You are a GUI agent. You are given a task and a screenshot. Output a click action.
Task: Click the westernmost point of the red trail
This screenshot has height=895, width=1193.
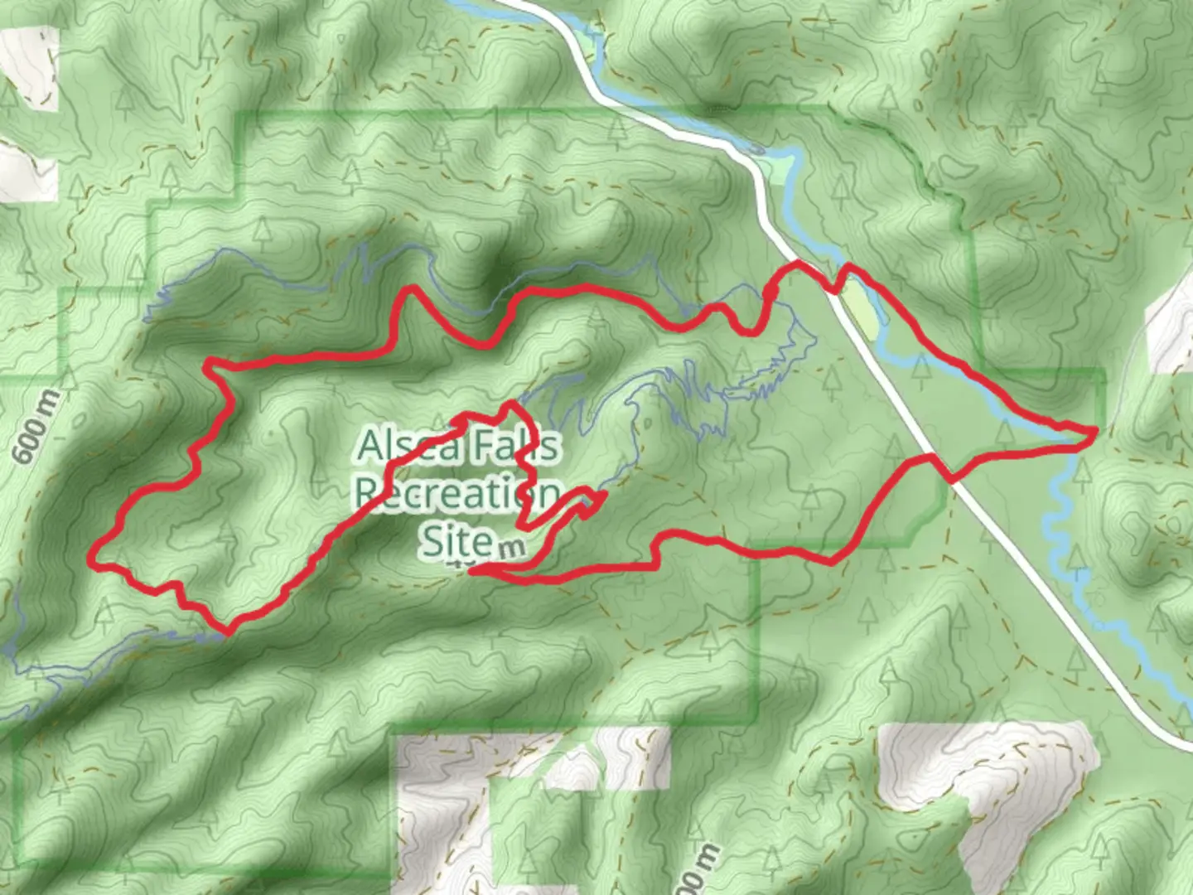tap(91, 560)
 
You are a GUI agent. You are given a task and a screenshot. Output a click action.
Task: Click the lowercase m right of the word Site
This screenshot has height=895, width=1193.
tap(512, 547)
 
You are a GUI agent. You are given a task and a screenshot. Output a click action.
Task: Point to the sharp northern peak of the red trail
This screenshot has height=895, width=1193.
tap(409, 290)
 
